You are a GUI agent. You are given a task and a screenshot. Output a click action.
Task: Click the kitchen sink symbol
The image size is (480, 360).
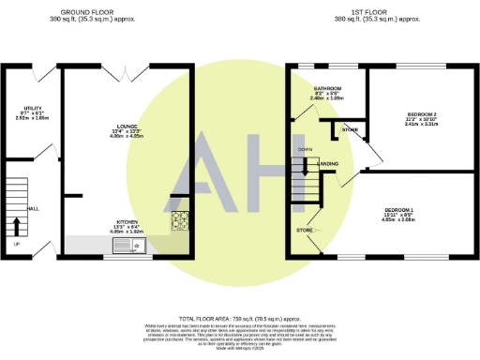[x=126, y=247]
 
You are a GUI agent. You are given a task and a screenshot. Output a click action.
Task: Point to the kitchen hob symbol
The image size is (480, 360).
[x=179, y=221]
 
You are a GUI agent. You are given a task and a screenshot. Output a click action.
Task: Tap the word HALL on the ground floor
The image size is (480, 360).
[x=33, y=208]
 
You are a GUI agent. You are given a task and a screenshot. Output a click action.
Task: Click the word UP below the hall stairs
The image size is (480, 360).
[x=15, y=246]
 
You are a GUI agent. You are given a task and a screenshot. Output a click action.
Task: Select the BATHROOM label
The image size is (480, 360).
[x=327, y=88]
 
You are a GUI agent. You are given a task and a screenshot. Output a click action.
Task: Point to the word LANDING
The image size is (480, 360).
[x=328, y=164]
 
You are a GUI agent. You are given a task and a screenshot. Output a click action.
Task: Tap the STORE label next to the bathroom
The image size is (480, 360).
[x=350, y=129]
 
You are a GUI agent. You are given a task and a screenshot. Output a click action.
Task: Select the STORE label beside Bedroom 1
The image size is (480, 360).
[x=305, y=229]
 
